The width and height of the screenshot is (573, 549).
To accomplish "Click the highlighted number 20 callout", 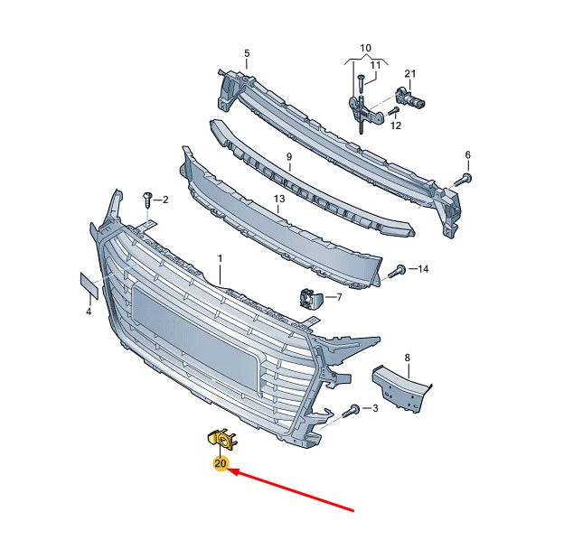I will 221,464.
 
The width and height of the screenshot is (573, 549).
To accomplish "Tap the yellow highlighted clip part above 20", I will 219,439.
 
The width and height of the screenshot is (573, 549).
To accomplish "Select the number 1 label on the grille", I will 219,258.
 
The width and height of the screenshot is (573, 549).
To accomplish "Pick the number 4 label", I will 89,312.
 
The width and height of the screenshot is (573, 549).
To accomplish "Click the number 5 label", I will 246,54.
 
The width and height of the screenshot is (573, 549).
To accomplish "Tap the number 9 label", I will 289,157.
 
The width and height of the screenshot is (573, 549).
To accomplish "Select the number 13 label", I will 279,199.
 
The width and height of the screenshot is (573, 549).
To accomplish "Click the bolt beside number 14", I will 397,270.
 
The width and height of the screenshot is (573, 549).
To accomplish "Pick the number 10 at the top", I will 365,47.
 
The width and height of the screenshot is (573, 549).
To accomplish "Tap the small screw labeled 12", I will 393,112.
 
